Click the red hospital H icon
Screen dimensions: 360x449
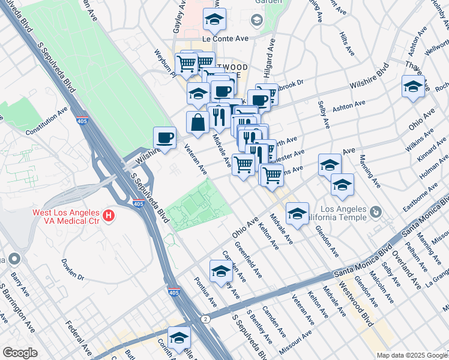[x=109, y=215]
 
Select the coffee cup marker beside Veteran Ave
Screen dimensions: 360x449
[x=164, y=137]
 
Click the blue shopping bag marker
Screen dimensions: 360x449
[x=197, y=122]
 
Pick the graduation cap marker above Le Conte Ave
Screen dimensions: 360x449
[x=214, y=20]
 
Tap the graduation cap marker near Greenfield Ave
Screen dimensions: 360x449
[x=221, y=271]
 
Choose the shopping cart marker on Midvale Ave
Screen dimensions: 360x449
[x=243, y=163]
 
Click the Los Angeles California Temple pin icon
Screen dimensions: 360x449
[x=376, y=212]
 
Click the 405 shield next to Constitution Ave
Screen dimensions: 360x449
[x=82, y=121]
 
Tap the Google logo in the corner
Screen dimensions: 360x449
[x=20, y=352]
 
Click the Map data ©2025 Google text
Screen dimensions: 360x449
[x=411, y=355]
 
